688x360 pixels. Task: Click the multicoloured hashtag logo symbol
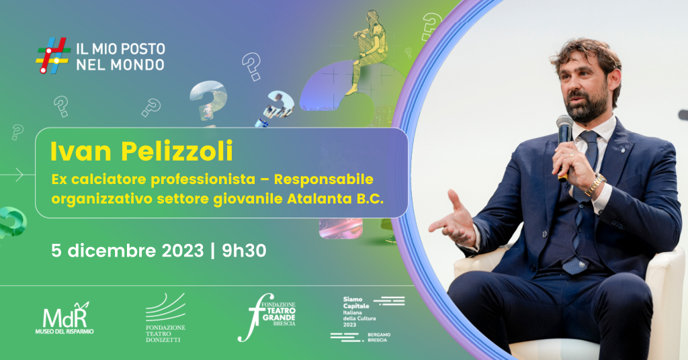pos(53,55)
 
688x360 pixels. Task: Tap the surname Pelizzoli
pos(177,151)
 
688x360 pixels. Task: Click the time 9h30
pos(244,251)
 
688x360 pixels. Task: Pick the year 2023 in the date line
pos(183,251)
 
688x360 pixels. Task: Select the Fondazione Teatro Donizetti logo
pos(165,318)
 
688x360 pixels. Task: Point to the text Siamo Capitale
pos(356,302)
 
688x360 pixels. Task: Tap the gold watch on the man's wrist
pos(595,185)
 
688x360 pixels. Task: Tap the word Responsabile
pos(324,179)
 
